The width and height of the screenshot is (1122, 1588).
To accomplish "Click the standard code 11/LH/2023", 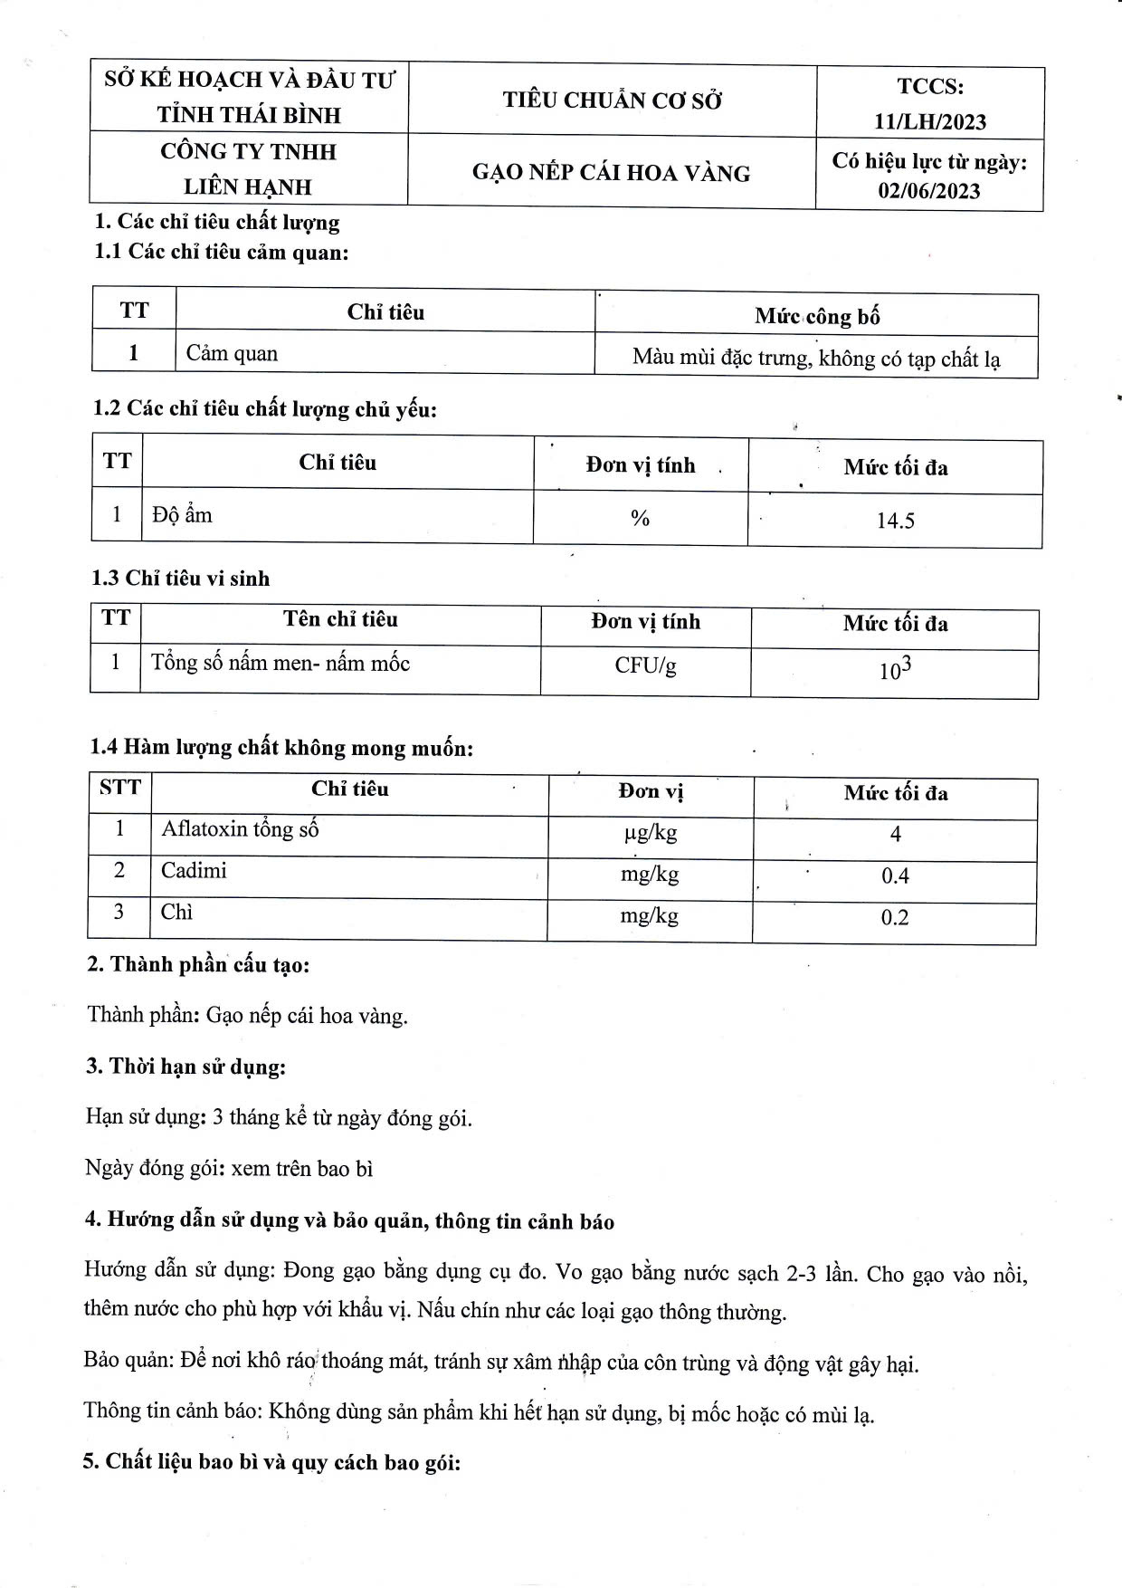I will tap(930, 121).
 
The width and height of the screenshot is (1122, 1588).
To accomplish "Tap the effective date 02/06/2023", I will tap(929, 191).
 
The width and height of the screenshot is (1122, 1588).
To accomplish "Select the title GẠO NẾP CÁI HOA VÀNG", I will tap(611, 173).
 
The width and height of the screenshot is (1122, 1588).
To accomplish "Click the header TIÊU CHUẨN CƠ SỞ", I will tap(613, 100).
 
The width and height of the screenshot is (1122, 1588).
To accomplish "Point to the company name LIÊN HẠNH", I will tap(248, 187).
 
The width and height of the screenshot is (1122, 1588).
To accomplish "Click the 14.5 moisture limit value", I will tap(895, 521).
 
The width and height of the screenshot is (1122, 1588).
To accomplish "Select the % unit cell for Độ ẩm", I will tap(640, 518).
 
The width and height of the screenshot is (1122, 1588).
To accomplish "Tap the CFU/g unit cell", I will tap(645, 665).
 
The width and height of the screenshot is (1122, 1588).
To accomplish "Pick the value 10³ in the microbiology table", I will tap(895, 670).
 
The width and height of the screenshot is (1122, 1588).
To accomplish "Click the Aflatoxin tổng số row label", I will tap(240, 829).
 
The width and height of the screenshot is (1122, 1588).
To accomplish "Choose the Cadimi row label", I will tap(194, 871).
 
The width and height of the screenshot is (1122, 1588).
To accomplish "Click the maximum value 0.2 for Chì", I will tap(895, 918).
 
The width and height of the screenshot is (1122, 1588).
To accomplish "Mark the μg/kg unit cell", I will tap(650, 832).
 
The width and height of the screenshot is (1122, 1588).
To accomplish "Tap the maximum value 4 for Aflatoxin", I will tap(895, 834).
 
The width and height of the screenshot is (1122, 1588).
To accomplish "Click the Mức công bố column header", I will tap(817, 316).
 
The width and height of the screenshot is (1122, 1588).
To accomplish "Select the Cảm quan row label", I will tap(232, 353).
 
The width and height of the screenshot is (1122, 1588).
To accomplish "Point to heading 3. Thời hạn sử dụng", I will tap(185, 1067).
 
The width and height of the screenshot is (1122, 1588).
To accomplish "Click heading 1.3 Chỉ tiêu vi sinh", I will tap(180, 579).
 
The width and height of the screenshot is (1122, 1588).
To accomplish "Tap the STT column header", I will tap(120, 788).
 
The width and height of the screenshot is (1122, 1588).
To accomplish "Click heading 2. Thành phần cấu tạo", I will tap(198, 964).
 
